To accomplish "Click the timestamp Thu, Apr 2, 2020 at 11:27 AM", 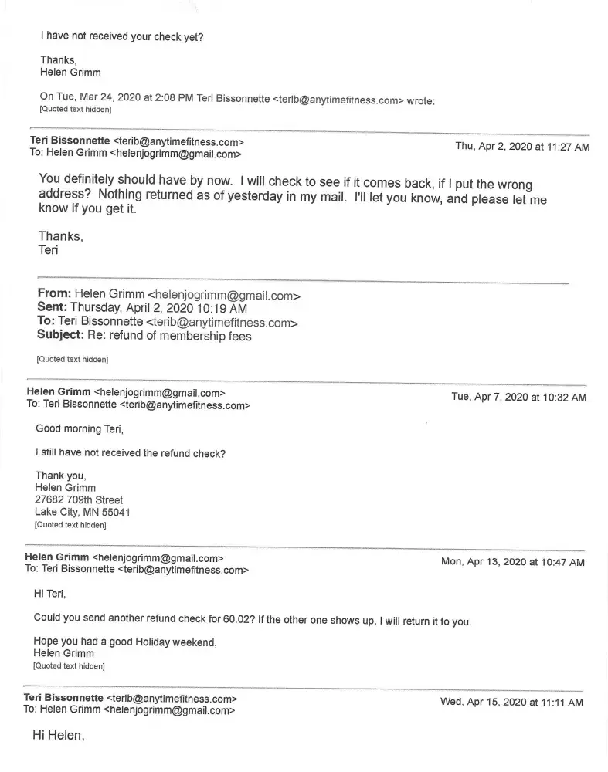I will tap(522, 147).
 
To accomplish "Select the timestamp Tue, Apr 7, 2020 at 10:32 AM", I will tap(518, 398).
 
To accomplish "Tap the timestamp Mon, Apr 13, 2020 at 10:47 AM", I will tap(512, 562).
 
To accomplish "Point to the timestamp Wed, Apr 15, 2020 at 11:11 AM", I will tap(511, 702).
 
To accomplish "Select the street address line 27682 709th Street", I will tap(79, 499).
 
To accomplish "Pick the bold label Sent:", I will tap(53, 308).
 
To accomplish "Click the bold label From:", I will tap(55, 294).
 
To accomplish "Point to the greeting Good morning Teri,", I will tap(80, 429).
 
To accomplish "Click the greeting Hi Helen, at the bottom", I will tap(58, 736).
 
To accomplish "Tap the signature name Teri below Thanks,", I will tap(49, 250).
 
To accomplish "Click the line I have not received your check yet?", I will tap(122, 36).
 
